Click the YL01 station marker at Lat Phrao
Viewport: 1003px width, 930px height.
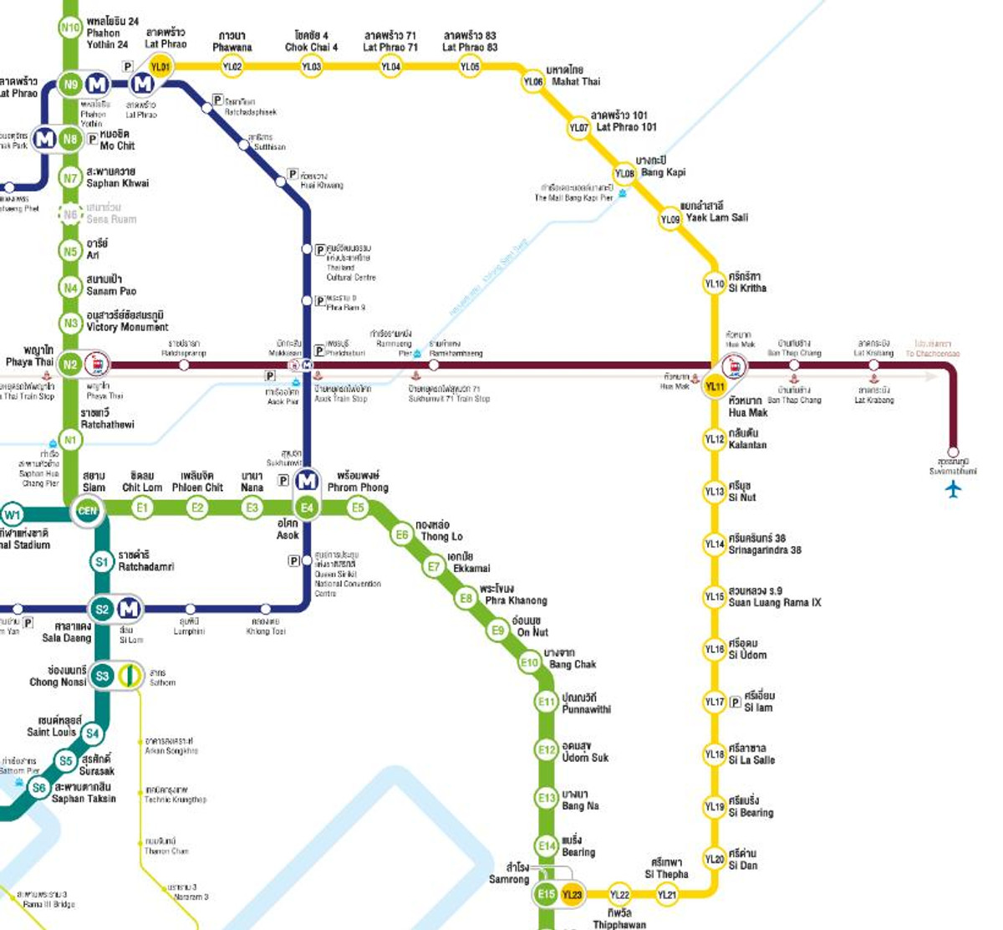coord(160,66)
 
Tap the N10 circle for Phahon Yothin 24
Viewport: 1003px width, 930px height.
coord(70,28)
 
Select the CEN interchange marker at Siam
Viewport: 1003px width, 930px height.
coord(87,510)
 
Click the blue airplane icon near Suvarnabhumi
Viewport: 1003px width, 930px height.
coord(954,489)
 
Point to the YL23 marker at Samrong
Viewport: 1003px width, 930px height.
coord(573,895)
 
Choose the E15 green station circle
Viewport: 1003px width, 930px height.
coord(546,894)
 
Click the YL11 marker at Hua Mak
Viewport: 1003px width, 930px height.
coord(715,386)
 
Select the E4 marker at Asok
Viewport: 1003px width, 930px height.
coord(308,508)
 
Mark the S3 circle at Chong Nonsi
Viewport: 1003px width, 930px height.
coord(102,676)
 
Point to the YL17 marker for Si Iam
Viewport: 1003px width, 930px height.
coord(714,702)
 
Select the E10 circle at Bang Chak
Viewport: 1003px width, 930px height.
coord(529,663)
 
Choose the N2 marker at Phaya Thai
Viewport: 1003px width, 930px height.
coord(71,365)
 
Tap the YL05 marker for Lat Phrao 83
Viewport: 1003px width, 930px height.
coord(471,66)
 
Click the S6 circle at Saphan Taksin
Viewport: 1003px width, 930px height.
coord(38,788)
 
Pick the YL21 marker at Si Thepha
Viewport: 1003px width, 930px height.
coord(666,895)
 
